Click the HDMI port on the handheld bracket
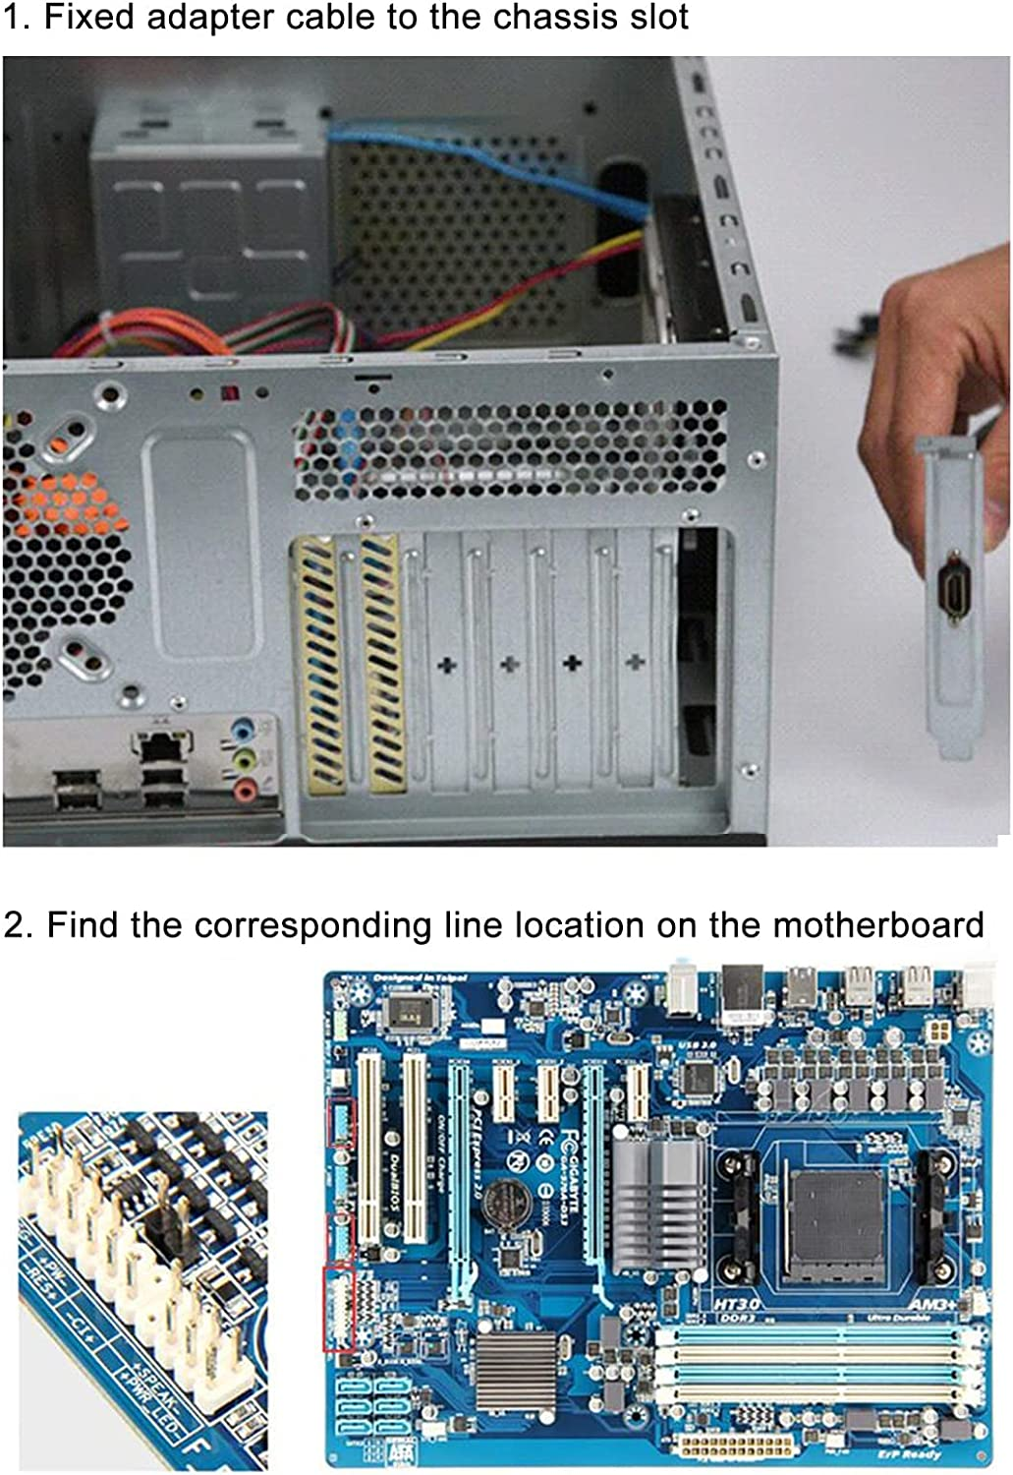[x=953, y=592]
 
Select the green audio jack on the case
[x=243, y=759]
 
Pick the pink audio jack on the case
[x=244, y=787]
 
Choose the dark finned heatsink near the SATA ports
[x=517, y=1370]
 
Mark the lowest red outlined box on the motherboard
[x=339, y=1309]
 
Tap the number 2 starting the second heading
[x=14, y=926]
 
